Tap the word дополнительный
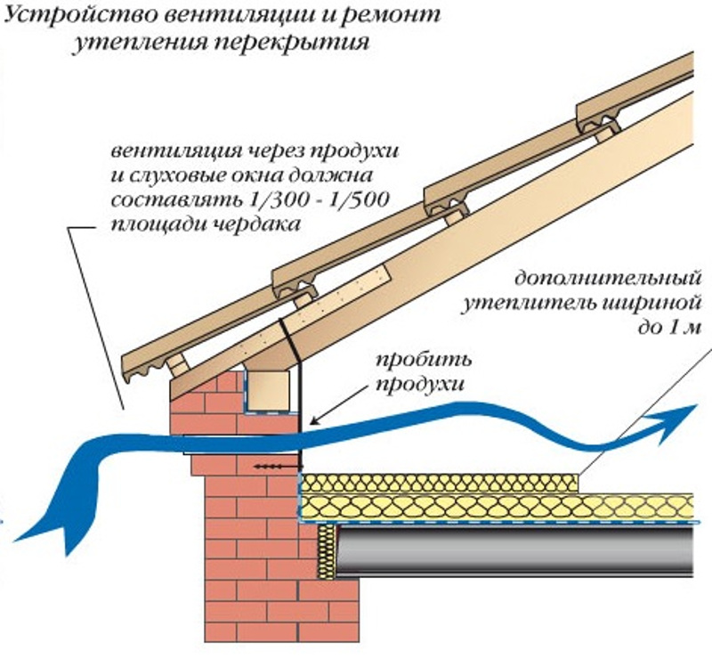click(608, 279)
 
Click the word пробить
click(425, 361)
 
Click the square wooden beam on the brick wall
click(268, 390)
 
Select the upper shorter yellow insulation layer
click(441, 483)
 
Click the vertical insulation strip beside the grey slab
click(327, 552)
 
